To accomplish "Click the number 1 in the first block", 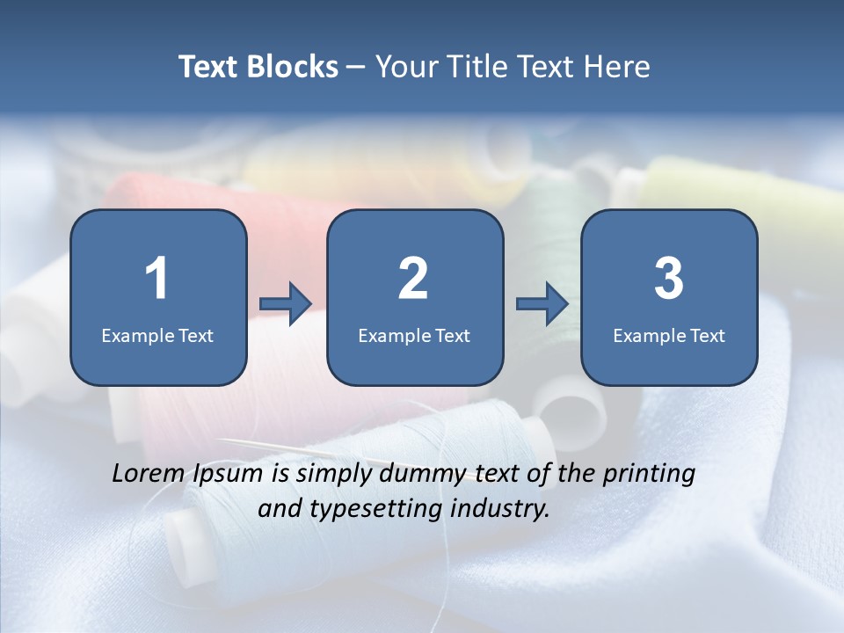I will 156,279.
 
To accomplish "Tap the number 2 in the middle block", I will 413,279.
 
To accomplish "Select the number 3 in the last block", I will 669,279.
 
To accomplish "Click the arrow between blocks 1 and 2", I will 286,304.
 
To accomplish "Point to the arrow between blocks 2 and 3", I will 542,304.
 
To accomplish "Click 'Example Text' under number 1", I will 157,335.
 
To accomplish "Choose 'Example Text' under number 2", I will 414,335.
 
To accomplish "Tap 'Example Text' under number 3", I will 669,335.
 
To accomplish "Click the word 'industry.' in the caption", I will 499,509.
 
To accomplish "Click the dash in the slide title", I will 356,68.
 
